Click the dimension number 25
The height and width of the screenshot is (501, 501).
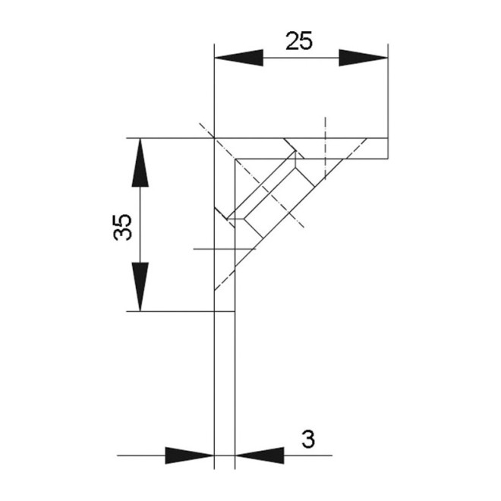pyautogui.click(x=299, y=40)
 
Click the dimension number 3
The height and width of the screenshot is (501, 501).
pyautogui.click(x=307, y=438)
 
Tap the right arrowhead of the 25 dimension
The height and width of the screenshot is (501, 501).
pyautogui.click(x=363, y=58)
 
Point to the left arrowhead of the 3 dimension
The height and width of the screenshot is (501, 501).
pyautogui.click(x=190, y=455)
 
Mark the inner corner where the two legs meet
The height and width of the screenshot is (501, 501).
pyautogui.click(x=236, y=159)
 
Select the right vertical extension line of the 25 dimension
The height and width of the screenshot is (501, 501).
pyautogui.click(x=388, y=91)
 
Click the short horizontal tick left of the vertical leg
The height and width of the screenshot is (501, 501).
pyautogui.click(x=203, y=248)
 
